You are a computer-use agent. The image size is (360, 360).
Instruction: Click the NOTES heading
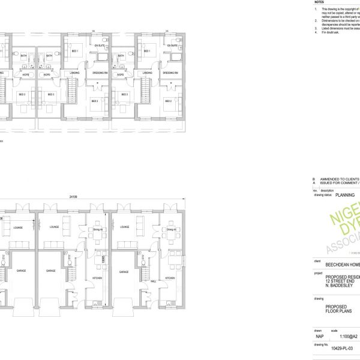(x=319, y=2)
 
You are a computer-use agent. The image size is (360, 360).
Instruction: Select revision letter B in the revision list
(x=313, y=179)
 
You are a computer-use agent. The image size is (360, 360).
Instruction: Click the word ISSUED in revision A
(x=329, y=183)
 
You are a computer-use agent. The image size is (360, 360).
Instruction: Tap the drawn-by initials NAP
(x=319, y=337)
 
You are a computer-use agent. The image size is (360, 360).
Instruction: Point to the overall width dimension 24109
(x=73, y=196)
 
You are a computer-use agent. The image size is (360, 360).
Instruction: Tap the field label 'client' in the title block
(x=317, y=261)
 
